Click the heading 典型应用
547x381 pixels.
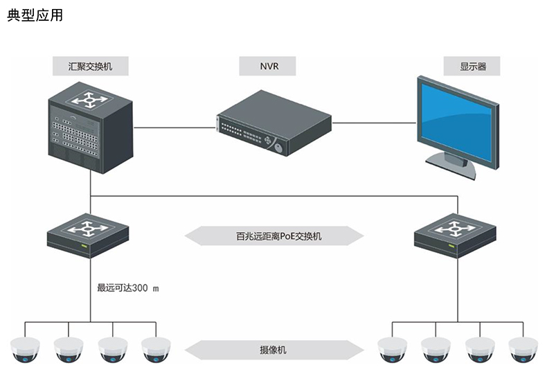tap(35, 15)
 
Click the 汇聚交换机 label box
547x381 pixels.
tap(90, 67)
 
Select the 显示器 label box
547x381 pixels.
tap(473, 67)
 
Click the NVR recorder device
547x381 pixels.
tap(273, 125)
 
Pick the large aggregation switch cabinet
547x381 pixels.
tap(89, 132)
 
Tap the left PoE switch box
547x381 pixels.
tap(87, 236)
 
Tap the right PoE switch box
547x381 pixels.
tap(455, 236)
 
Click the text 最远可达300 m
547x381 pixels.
tap(128, 287)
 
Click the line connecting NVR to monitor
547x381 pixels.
tap(374, 123)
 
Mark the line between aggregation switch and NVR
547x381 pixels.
tap(173, 127)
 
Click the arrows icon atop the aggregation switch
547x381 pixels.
tap(87, 100)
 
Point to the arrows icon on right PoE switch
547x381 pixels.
tap(455, 227)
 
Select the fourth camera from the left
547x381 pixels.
tap(156, 351)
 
